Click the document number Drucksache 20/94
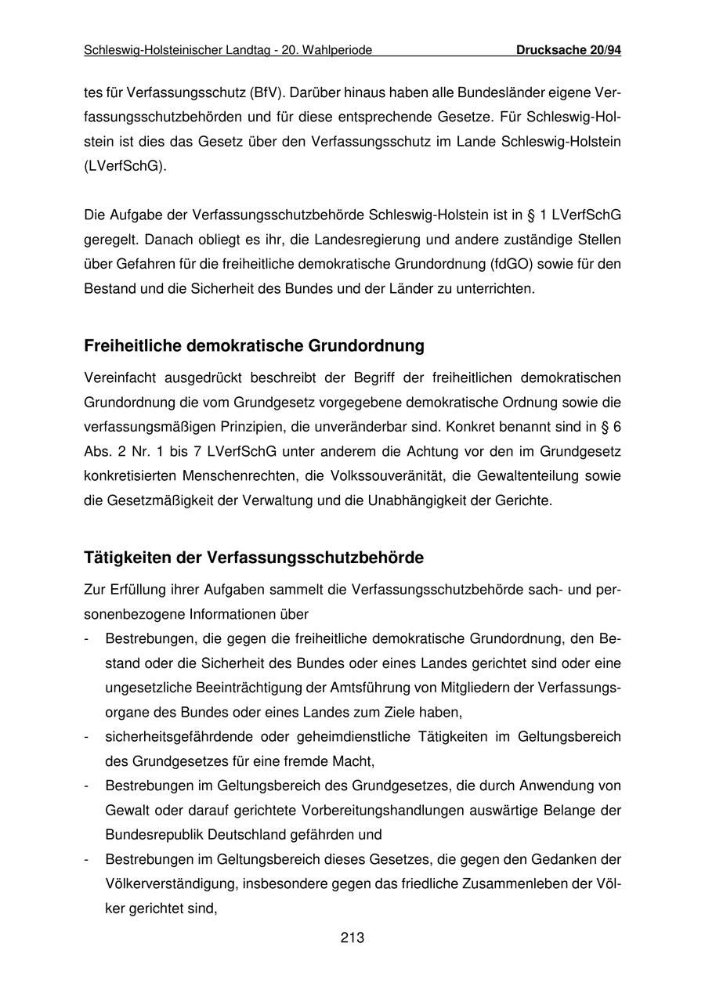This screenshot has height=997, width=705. (x=568, y=50)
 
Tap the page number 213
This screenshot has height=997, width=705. (x=352, y=937)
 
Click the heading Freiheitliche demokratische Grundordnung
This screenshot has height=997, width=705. (x=254, y=345)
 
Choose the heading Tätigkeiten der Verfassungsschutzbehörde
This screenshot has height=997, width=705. (x=254, y=558)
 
